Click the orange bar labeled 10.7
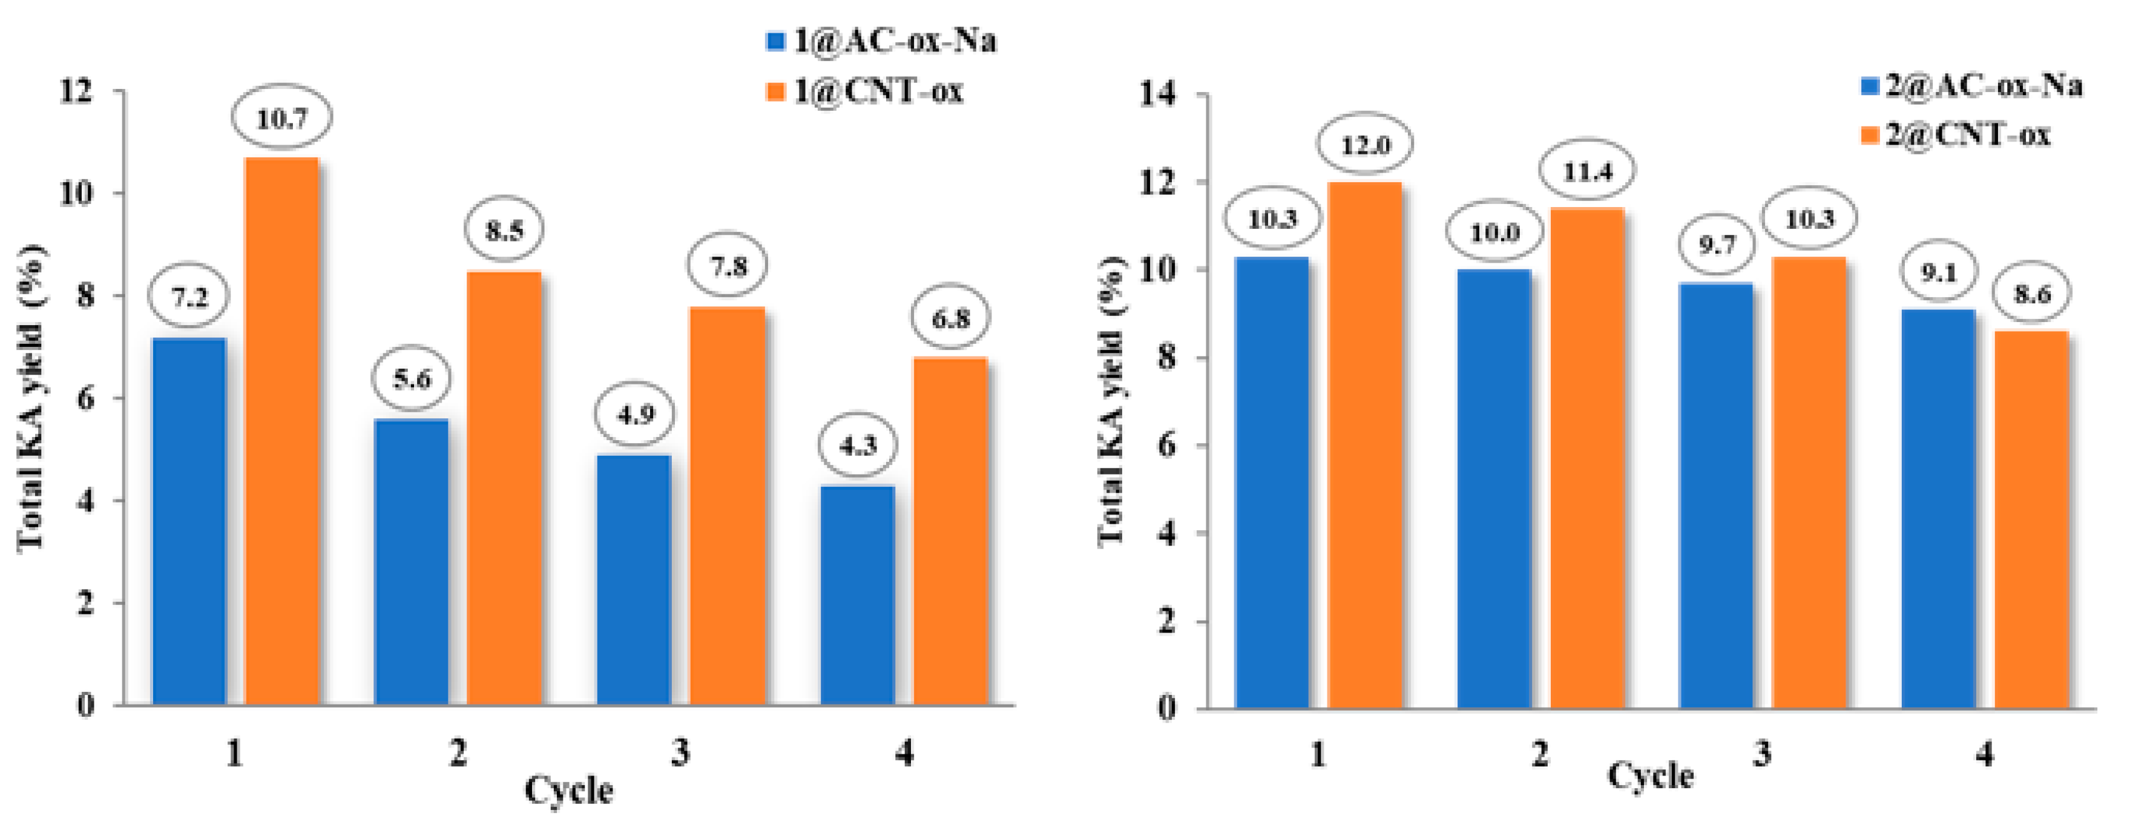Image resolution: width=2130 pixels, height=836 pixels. (x=283, y=430)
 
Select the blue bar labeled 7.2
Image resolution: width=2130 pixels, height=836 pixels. (x=189, y=521)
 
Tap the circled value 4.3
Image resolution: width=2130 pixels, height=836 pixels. (x=858, y=446)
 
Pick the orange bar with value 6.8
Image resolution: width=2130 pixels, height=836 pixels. (x=951, y=529)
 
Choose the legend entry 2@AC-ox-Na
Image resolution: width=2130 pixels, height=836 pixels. (x=1972, y=85)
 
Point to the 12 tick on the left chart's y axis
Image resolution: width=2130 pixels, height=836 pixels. (x=76, y=90)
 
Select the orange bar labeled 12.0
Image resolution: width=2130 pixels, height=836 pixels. (x=1365, y=445)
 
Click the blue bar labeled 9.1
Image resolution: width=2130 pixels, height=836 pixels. (x=1938, y=509)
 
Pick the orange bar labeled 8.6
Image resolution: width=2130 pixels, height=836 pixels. (x=2031, y=519)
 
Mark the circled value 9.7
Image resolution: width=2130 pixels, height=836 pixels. (x=1717, y=245)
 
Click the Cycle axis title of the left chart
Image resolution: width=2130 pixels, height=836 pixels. (x=569, y=790)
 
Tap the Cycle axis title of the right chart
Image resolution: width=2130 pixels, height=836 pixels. (x=1649, y=775)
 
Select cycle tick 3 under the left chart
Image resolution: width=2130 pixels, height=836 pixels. (x=680, y=752)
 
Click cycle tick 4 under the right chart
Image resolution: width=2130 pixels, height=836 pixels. (x=1985, y=754)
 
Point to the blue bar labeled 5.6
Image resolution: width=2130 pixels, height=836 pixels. (x=412, y=562)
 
